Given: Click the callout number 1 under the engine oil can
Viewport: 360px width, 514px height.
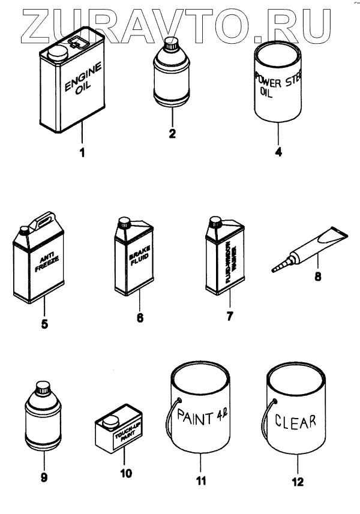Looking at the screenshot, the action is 82,152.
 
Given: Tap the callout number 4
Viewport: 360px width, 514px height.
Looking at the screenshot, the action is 278,152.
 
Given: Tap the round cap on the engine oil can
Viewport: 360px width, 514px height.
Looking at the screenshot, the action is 58,53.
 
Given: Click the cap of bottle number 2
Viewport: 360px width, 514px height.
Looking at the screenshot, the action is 172,43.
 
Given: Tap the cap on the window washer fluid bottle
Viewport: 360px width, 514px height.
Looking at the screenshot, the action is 213,223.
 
